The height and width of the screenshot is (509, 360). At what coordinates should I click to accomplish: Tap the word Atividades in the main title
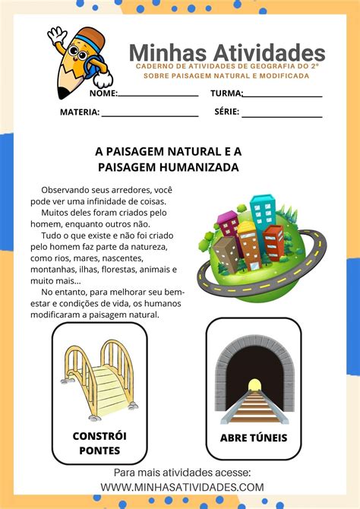click(267, 52)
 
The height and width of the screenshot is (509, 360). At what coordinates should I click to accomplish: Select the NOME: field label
click(103, 93)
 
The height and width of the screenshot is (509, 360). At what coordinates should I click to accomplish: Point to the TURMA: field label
click(226, 93)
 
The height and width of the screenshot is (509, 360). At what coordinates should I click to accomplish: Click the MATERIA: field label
click(80, 112)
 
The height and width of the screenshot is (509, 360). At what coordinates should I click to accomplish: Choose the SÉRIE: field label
click(227, 112)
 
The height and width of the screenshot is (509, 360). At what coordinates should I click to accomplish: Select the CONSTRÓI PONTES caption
click(99, 444)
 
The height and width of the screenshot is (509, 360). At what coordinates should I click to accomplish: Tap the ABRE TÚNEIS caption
click(253, 438)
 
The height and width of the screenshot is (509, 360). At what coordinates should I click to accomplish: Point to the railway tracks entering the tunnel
click(253, 406)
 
